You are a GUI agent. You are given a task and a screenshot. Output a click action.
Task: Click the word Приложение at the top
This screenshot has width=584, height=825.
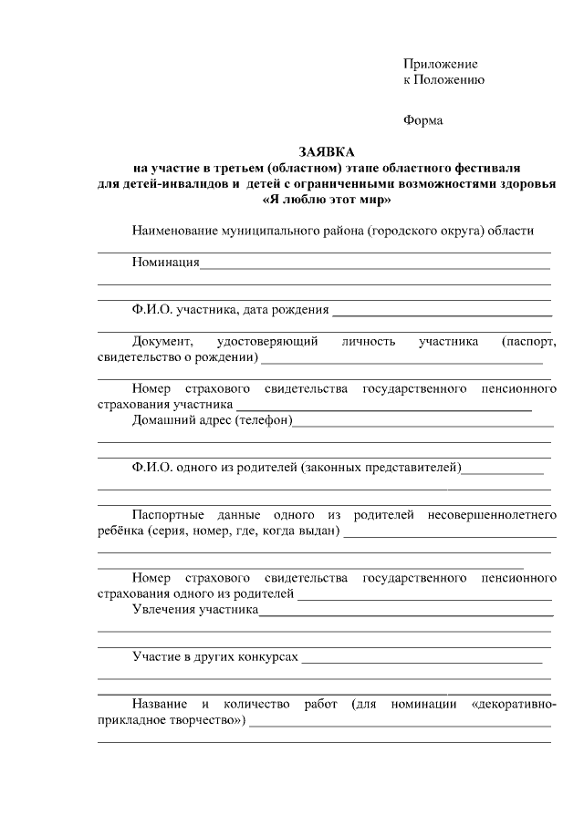[x=441, y=64]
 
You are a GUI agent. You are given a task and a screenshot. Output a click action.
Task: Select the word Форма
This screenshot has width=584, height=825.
[x=423, y=120]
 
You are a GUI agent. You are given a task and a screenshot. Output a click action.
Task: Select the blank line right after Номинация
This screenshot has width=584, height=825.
[x=374, y=263]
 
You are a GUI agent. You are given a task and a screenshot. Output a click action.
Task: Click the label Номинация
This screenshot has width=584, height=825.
[x=165, y=263]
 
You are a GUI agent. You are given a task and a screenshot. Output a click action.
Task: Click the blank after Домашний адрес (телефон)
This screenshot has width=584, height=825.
[x=423, y=421]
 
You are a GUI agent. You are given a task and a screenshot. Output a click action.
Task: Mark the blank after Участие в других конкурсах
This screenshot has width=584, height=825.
[x=422, y=658]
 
